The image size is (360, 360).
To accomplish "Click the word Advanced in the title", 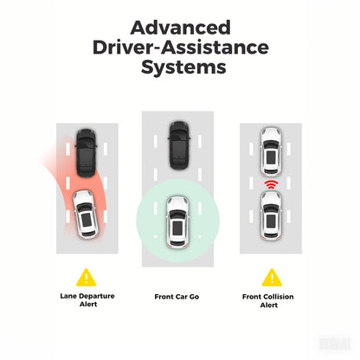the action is coord(180,28).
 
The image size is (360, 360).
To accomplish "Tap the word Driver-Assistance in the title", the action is coord(181,48).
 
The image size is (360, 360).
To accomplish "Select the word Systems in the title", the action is coord(183,67).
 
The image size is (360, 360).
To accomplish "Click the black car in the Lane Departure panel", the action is coord(86,153).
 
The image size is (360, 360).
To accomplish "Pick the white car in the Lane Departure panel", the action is coord(86,214).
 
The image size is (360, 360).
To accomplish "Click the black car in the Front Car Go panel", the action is coord(179,145).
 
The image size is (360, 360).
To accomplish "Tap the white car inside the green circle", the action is coord(177,222).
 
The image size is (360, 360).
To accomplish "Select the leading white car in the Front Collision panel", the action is coord(271,151).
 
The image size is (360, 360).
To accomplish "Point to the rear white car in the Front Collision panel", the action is coord(271,215).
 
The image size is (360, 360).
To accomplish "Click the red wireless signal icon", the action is coord(271,184).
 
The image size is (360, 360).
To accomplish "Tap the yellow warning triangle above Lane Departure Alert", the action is coord(87,278).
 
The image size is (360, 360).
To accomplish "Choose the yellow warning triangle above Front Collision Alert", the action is coord(272,278).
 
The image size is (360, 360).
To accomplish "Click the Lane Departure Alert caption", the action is coord(87,300).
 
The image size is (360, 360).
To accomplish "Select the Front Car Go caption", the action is coord(177,297).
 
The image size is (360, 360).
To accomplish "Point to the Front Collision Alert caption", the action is coord(268,300).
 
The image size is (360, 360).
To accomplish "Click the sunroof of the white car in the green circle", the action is coord(177,228).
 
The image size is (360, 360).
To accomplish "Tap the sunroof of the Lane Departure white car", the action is coord(87,219).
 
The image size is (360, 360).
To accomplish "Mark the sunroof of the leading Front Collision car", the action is coord(271,157).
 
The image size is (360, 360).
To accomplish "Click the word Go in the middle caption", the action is coord(194,297).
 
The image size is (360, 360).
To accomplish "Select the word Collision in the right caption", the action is coord(277,297).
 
